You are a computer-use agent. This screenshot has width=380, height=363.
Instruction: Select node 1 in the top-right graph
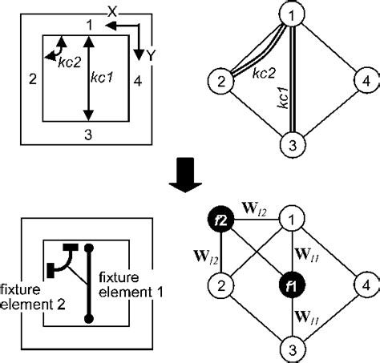pos(294,14)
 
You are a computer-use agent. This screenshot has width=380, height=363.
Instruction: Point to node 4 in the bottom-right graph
pos(365,284)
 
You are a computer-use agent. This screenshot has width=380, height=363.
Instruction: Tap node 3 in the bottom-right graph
pos(294,349)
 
